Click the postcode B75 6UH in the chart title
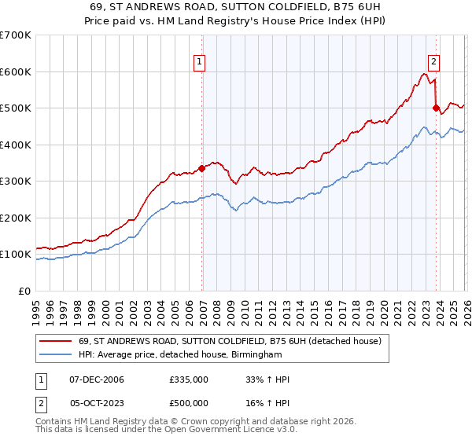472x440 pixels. [x=356, y=5]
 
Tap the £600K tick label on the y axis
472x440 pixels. [x=16, y=71]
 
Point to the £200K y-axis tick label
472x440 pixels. [x=16, y=218]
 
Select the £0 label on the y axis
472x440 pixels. [x=24, y=291]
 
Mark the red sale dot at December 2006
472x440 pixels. [x=201, y=167]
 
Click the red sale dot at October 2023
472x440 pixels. [x=436, y=108]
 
